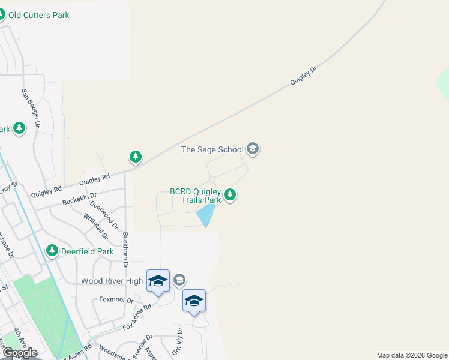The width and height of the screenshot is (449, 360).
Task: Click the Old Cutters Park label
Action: pyautogui.click(x=38, y=15)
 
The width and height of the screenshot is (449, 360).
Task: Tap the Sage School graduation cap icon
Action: pyautogui.click(x=253, y=149)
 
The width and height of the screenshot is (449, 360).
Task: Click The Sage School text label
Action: pyautogui.click(x=212, y=149)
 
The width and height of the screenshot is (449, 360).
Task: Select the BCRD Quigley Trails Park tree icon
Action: pyautogui.click(x=229, y=194)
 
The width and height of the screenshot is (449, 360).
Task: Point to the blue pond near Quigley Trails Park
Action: pyautogui.click(x=205, y=215)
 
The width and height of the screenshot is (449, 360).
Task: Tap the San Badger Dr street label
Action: pyautogui.click(x=31, y=109)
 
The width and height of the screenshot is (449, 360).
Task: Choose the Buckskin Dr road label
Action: pyautogui.click(x=79, y=199)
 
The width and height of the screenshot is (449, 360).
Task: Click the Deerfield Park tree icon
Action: pyautogui.click(x=53, y=251)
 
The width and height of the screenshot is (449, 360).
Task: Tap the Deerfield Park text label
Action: pyautogui.click(x=88, y=251)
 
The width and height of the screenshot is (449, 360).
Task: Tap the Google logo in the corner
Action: pyautogui.click(x=19, y=353)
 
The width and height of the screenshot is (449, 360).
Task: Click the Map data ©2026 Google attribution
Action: pyautogui.click(x=412, y=355)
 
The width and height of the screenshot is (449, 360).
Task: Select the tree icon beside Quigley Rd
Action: pyautogui.click(x=136, y=157)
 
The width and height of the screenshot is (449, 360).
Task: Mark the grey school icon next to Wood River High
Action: pyautogui.click(x=179, y=280)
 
